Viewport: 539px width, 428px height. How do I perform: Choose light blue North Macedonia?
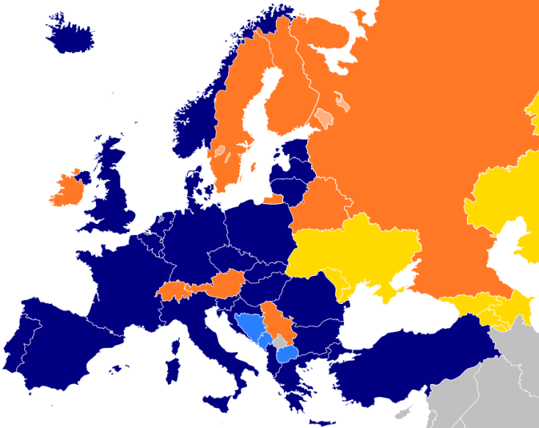pyautogui.click(x=289, y=355)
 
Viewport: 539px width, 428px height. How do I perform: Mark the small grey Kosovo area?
pyautogui.click(x=280, y=341)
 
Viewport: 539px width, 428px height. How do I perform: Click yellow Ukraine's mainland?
pyautogui.click(x=359, y=250)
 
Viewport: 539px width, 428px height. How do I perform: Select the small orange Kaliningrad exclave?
pyautogui.click(x=274, y=198)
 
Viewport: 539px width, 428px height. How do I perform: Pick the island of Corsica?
pyautogui.click(x=175, y=344)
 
